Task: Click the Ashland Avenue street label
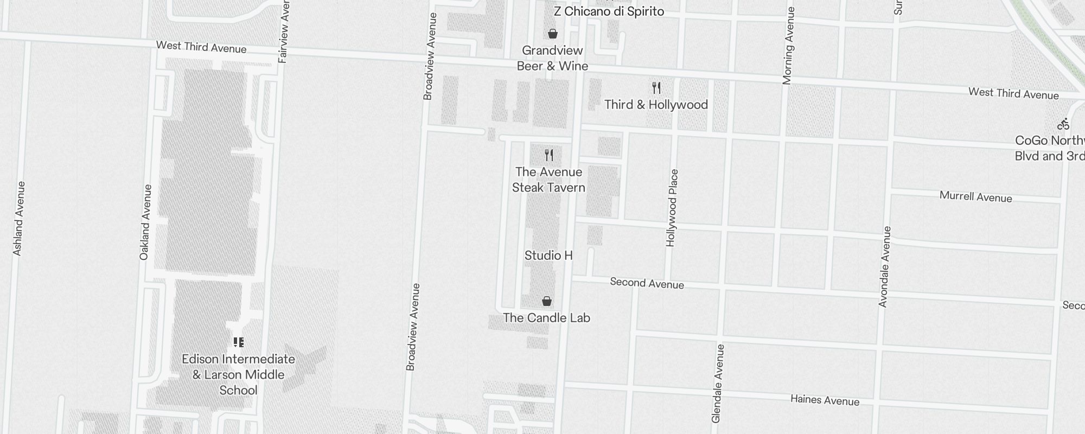pyautogui.click(x=18, y=219)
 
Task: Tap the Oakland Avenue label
pyautogui.click(x=145, y=222)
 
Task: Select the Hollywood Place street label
pyautogui.click(x=672, y=208)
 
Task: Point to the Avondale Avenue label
pyautogui.click(x=885, y=267)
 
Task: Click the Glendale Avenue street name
pyautogui.click(x=718, y=384)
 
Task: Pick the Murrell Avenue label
pyautogui.click(x=975, y=197)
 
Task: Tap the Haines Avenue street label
pyautogui.click(x=825, y=400)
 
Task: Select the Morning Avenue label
pyautogui.click(x=788, y=46)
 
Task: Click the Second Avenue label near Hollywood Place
pyautogui.click(x=647, y=283)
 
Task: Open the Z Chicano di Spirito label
pyautogui.click(x=609, y=11)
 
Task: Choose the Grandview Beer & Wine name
pyautogui.click(x=552, y=58)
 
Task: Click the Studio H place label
pyautogui.click(x=548, y=256)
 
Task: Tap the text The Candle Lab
pyautogui.click(x=546, y=318)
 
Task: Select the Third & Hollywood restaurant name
pyautogui.click(x=656, y=105)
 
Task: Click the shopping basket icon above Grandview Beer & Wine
pyautogui.click(x=552, y=34)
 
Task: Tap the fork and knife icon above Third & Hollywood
pyautogui.click(x=656, y=87)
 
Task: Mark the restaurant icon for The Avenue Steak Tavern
pyautogui.click(x=549, y=155)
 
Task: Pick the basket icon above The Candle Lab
pyautogui.click(x=547, y=301)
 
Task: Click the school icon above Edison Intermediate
pyautogui.click(x=239, y=342)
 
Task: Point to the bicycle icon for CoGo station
pyautogui.click(x=1063, y=124)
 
